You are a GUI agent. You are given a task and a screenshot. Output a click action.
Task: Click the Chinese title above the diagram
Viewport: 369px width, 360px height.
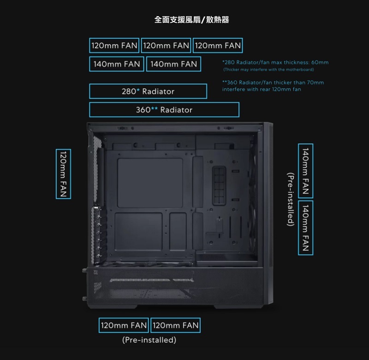coord(191,20)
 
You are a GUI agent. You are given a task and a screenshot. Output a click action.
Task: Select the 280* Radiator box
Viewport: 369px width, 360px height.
coord(148,91)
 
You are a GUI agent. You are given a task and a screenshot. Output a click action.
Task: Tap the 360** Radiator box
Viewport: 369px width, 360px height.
coord(164,110)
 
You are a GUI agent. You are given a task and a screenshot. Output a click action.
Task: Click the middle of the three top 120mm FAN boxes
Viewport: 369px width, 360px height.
coord(167,46)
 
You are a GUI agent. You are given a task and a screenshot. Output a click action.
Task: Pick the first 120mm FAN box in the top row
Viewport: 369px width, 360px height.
coord(115,46)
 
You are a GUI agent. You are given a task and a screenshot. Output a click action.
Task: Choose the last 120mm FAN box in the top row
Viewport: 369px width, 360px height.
coord(218,46)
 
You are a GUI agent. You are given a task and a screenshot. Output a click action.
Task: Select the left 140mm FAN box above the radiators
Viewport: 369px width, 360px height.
coord(117,64)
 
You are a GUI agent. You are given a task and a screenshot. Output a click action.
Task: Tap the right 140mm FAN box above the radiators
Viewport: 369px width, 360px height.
coord(173,64)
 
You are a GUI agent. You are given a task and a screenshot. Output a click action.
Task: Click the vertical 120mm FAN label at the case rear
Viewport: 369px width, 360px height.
coord(63,174)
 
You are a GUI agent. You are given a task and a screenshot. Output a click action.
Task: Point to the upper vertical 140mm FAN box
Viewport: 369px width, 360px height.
coord(305,170)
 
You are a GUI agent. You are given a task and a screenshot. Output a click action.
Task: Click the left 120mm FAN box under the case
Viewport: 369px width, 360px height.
coord(124,325)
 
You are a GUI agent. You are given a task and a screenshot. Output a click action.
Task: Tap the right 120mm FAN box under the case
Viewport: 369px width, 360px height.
coord(175,325)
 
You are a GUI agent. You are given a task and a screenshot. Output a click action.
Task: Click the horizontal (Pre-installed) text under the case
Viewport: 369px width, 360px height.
coord(149,340)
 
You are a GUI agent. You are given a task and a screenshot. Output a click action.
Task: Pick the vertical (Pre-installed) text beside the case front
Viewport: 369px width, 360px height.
coord(290,199)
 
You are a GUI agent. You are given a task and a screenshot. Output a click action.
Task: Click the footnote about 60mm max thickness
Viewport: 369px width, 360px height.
coord(275,62)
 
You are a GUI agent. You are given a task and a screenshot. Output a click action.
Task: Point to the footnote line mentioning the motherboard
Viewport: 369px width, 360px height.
coord(268,70)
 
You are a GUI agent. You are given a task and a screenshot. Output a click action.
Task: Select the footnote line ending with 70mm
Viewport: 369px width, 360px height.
coord(273,83)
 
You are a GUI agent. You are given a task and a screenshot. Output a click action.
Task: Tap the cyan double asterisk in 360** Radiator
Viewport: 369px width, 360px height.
coord(155,109)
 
